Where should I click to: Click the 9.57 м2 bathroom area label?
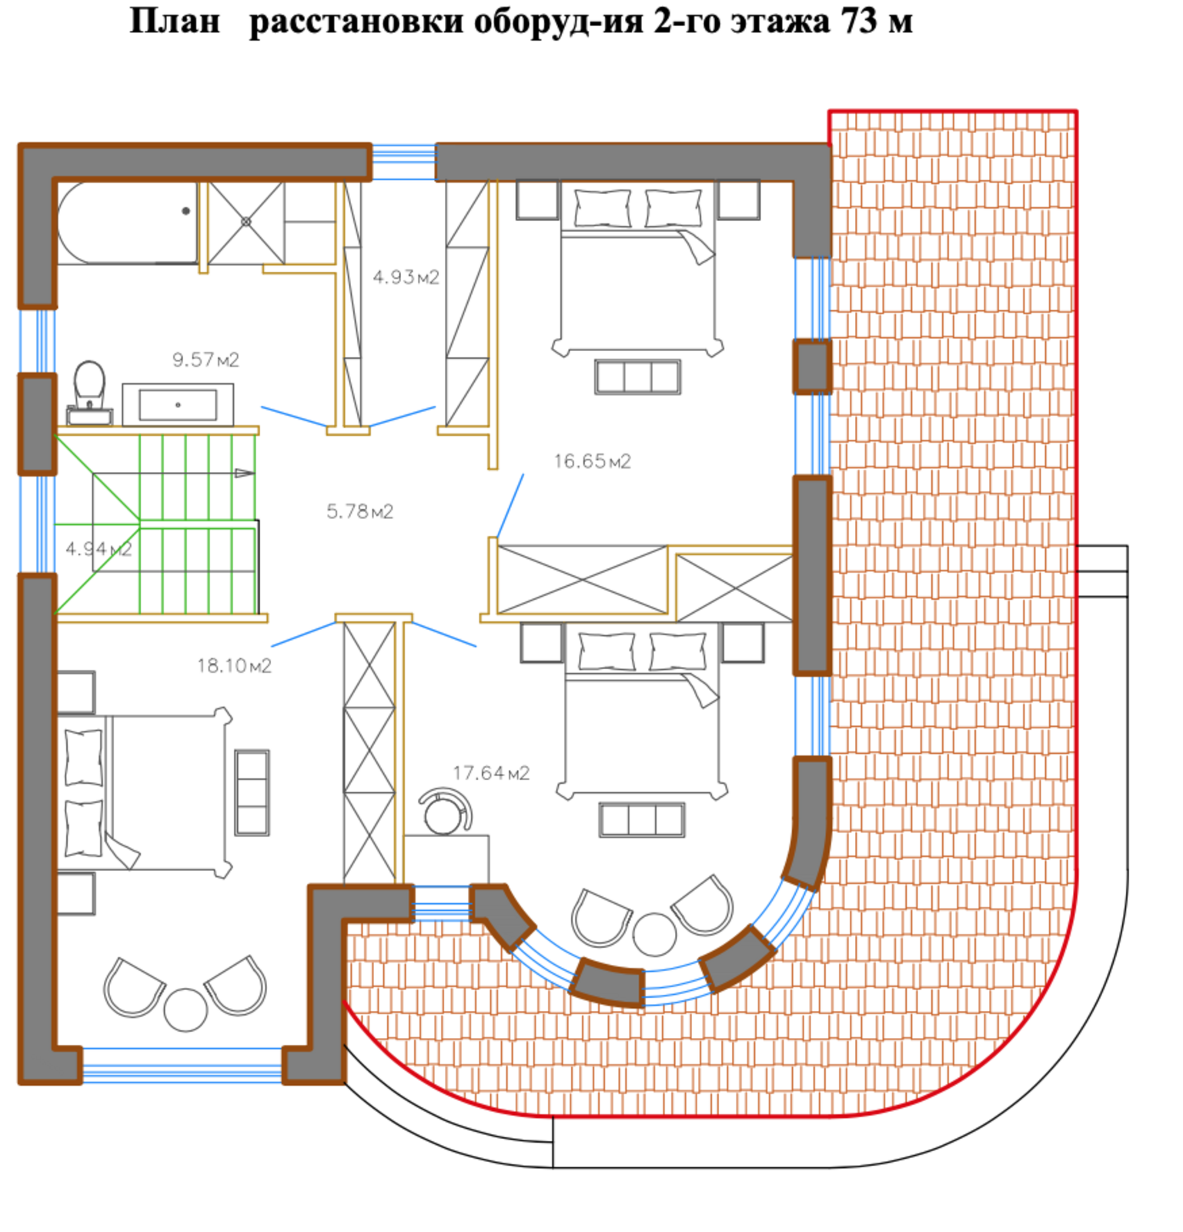coord(206,360)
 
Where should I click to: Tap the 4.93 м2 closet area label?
coord(406,276)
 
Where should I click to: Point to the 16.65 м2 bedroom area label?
coord(592,461)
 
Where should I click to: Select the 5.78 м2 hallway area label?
coord(359,511)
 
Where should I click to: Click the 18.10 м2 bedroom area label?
coord(234,665)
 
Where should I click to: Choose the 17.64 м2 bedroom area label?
coord(491,772)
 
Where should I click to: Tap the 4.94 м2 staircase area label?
coord(99,549)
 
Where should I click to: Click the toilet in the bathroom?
coord(89,393)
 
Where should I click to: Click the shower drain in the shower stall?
coord(246,222)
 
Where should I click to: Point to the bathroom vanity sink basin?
coord(178,405)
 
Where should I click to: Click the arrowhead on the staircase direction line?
coord(244,473)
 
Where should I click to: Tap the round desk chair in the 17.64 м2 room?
coord(444,812)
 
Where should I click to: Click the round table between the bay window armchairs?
coord(654,935)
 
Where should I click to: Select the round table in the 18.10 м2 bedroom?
coord(185,1009)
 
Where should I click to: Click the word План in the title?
coord(175,21)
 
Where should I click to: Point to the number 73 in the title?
coord(859,21)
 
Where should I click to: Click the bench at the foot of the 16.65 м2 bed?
coord(637,377)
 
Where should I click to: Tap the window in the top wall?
coord(403,162)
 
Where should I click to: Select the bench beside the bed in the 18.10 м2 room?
coord(252,793)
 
